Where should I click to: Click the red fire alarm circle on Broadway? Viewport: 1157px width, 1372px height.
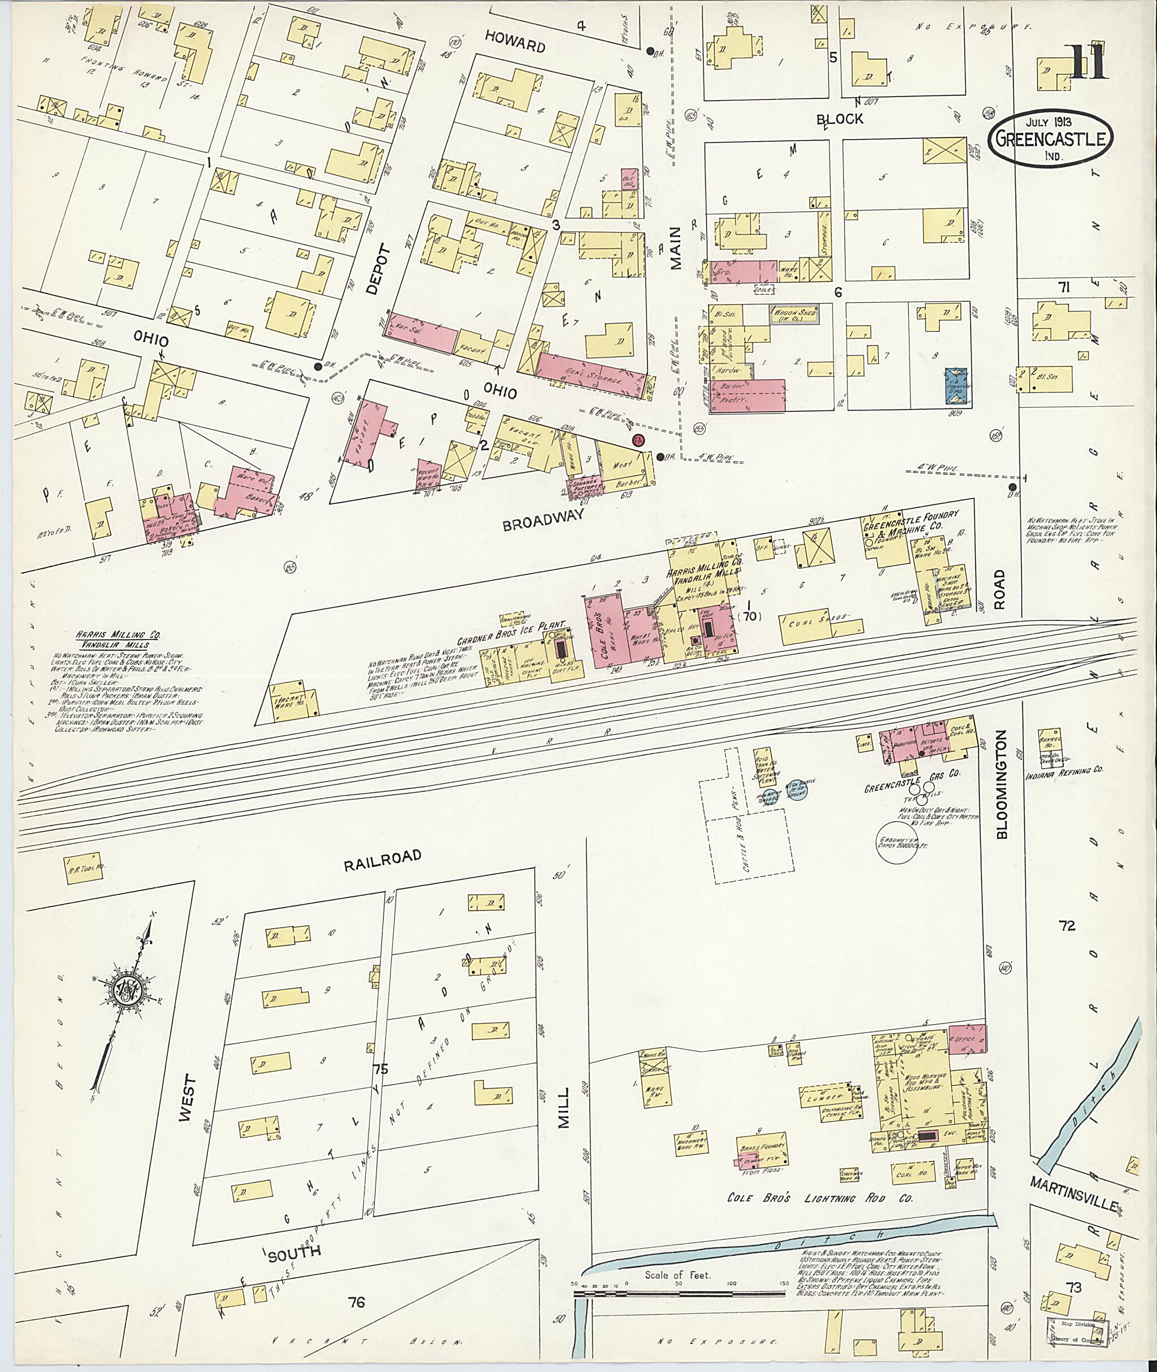pos(636,441)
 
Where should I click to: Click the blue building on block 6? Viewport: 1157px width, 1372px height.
pos(958,386)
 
